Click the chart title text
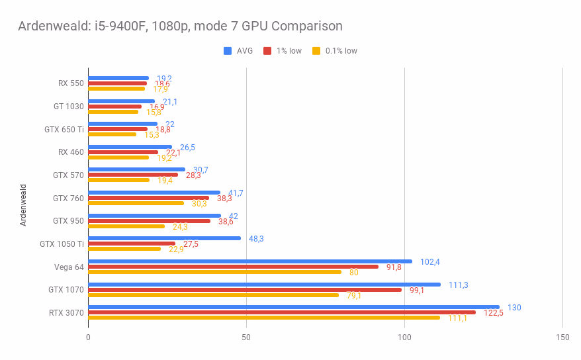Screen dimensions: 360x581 pyautogui.click(x=180, y=26)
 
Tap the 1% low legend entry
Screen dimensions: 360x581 pyautogui.click(x=283, y=51)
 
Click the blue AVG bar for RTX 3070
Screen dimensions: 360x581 pyautogui.click(x=293, y=307)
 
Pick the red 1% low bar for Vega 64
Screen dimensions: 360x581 pyautogui.click(x=233, y=267)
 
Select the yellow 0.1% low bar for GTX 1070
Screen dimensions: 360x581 pyautogui.click(x=213, y=295)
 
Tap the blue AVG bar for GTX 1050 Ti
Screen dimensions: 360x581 pyautogui.click(x=164, y=238)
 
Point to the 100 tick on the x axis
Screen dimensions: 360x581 pyautogui.click(x=404, y=337)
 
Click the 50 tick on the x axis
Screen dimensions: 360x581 pyautogui.click(x=246, y=337)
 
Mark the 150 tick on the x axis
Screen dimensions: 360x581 pyautogui.click(x=562, y=337)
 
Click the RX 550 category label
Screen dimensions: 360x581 pyautogui.click(x=71, y=83)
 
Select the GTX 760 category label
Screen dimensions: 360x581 pyautogui.click(x=68, y=198)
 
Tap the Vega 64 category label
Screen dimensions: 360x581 pyautogui.click(x=69, y=267)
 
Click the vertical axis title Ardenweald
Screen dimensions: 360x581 pyautogui.click(x=23, y=205)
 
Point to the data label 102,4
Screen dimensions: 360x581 pyautogui.click(x=430, y=262)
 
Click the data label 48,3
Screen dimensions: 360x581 pyautogui.click(x=256, y=239)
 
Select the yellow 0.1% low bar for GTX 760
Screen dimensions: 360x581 pyautogui.click(x=136, y=203)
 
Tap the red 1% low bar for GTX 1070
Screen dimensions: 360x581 pyautogui.click(x=245, y=290)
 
